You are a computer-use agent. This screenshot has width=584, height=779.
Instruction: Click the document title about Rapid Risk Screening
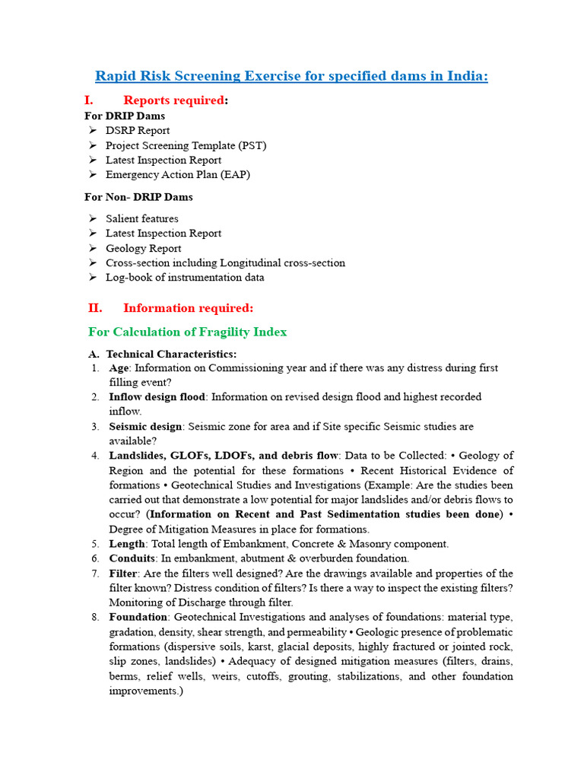click(291, 76)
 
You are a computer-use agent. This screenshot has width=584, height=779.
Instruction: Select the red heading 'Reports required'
click(174, 100)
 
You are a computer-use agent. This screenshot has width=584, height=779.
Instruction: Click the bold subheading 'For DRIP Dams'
click(124, 116)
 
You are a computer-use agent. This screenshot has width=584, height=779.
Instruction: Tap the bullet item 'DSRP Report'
click(138, 130)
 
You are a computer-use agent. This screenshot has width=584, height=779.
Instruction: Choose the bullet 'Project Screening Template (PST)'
click(186, 145)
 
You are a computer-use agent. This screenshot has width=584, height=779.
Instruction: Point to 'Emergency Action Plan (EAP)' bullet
click(177, 174)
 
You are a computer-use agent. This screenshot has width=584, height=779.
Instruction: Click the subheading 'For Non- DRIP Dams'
click(138, 197)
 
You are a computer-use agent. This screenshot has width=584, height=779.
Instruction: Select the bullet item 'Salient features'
click(142, 219)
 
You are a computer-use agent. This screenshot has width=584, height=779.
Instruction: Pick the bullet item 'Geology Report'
click(143, 248)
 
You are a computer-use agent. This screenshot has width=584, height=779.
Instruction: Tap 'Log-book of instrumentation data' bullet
click(185, 278)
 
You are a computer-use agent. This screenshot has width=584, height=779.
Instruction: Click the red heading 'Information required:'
click(188, 308)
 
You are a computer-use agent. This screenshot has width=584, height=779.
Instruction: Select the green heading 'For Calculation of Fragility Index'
click(187, 332)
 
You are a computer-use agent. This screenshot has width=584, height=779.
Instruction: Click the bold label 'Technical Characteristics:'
click(171, 354)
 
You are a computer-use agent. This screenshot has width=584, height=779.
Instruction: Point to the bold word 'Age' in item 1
click(119, 368)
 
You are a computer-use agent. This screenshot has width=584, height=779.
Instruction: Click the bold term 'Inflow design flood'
click(157, 397)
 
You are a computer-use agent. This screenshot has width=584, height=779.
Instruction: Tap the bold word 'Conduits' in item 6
click(132, 558)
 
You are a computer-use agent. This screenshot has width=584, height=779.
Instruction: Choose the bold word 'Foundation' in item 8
click(138, 618)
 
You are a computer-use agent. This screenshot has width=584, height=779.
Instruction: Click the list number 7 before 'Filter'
click(95, 574)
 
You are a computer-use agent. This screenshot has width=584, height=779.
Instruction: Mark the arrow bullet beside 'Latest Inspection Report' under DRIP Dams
click(92, 161)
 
